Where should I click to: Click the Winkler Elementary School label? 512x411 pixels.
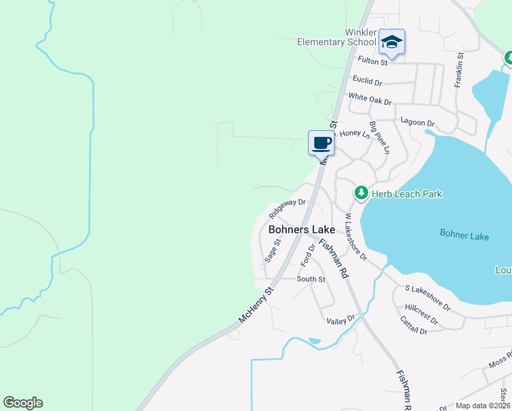coord(337,37)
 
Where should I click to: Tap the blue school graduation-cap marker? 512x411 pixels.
coord(392,42)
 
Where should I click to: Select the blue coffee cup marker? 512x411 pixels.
coord(321,143)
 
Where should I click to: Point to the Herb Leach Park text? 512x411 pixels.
coord(407,194)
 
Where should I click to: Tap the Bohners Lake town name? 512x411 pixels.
coord(302,230)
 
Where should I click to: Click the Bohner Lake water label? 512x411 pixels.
coord(464,236)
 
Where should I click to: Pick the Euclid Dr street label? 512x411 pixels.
coord(368,82)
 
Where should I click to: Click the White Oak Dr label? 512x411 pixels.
coord(370,100)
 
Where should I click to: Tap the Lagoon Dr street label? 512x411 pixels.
coord(418,123)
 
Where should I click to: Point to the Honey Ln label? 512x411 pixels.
coord(355,134)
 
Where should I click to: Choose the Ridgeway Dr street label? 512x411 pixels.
coord(287,203)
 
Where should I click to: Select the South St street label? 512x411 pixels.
coord(311,279)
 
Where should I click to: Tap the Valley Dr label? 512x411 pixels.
coord(342,319)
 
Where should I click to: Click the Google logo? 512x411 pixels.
coord(23,403)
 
